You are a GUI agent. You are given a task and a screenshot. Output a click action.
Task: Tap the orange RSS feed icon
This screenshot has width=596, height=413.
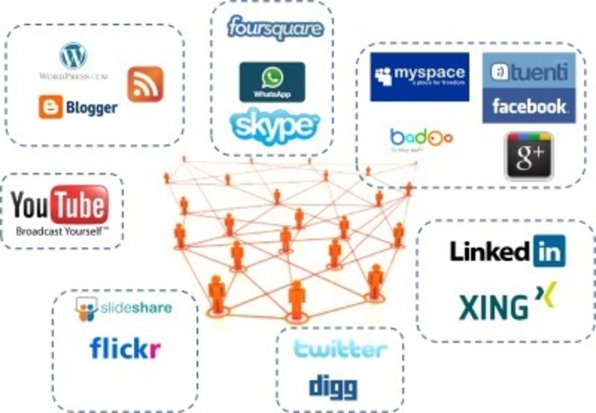tap(145, 84)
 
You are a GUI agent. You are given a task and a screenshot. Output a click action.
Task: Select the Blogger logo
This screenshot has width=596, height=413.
tap(78, 107)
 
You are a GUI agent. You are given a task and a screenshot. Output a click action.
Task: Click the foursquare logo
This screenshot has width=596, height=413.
tap(275, 29)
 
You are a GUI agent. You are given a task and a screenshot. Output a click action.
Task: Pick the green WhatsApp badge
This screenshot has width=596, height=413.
tap(272, 81)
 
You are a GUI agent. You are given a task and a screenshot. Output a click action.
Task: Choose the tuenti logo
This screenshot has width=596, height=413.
tap(528, 72)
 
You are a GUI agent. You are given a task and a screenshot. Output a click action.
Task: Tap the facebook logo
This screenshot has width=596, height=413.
tap(529, 106)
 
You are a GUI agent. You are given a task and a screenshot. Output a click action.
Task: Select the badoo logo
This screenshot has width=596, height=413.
tap(421, 138)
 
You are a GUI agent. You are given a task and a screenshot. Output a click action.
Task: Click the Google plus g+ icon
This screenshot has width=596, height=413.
tap(528, 155)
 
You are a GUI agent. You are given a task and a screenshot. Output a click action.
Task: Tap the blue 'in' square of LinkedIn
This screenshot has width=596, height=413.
tap(549, 251)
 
